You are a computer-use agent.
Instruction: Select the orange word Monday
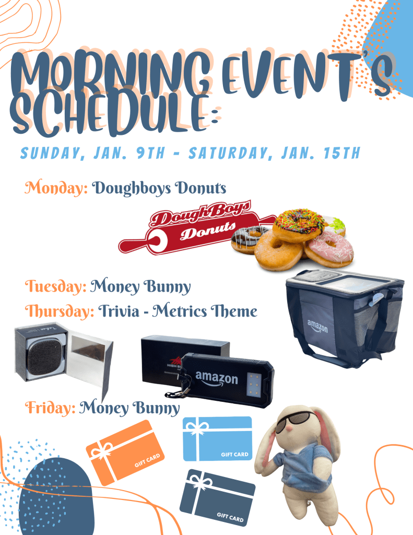click(56, 188)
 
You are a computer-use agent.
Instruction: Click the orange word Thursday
click(60, 311)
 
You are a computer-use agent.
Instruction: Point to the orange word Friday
click(50, 408)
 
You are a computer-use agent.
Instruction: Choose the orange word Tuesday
click(55, 286)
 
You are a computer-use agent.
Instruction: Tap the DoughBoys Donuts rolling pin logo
click(198, 227)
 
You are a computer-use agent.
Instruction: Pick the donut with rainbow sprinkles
click(299, 226)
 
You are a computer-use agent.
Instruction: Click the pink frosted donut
click(329, 249)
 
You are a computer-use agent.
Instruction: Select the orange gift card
click(125, 452)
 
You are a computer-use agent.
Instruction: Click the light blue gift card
click(218, 439)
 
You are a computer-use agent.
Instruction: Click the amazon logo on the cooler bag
click(317, 326)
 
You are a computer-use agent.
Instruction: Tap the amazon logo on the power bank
click(217, 379)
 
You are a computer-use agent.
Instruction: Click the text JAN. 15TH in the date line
click(321, 153)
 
